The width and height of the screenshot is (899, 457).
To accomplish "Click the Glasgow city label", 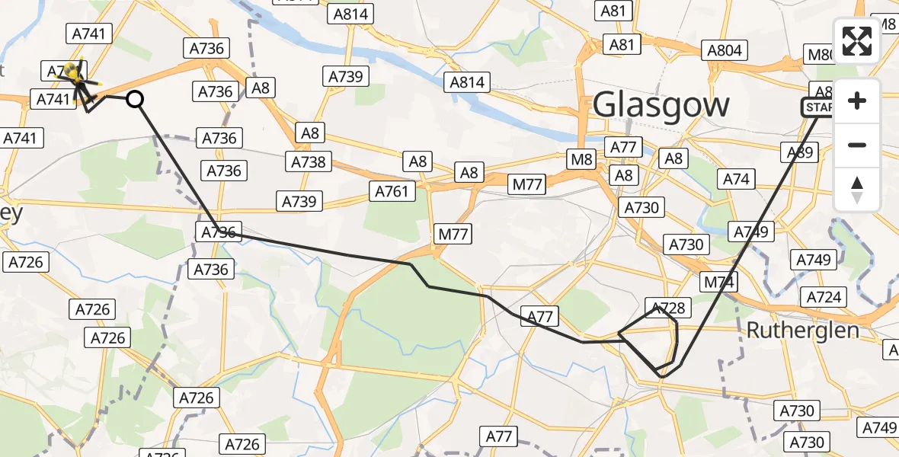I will (661, 104).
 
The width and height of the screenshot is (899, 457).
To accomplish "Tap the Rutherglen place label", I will (803, 331).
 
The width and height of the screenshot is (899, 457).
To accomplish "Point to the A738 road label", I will (309, 161).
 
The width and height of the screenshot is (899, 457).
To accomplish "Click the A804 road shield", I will (724, 51).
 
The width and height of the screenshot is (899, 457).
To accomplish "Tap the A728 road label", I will (667, 308).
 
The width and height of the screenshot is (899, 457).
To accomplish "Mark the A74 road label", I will (736, 180).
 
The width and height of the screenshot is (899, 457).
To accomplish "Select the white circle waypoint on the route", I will (134, 98).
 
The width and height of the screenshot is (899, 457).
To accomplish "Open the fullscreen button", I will (857, 41).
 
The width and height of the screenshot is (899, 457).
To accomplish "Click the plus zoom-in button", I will (857, 101).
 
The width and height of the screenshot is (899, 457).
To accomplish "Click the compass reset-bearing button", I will (857, 190).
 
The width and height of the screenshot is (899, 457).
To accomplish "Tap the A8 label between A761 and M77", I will (469, 173).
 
